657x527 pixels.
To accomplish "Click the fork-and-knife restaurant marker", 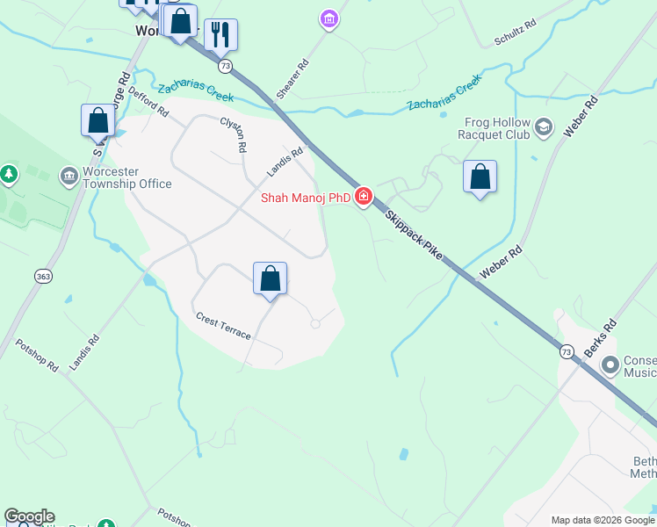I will click(x=221, y=34).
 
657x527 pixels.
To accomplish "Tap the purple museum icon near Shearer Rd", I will click(x=329, y=18).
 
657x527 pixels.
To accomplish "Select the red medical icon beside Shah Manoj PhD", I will click(x=363, y=198).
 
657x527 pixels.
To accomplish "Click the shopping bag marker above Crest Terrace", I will click(x=271, y=278).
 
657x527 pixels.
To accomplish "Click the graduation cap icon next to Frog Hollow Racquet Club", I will click(x=543, y=128).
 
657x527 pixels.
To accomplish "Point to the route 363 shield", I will click(x=42, y=276).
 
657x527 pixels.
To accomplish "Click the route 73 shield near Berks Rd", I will click(x=567, y=351).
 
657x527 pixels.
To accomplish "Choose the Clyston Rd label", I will click(x=233, y=135).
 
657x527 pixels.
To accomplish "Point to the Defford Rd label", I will click(x=148, y=101).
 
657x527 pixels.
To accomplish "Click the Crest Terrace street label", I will click(x=223, y=326).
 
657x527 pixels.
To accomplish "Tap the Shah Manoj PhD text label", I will click(x=306, y=198).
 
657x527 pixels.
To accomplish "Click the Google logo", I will click(x=29, y=516).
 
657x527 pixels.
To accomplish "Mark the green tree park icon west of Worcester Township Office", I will click(x=10, y=174).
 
